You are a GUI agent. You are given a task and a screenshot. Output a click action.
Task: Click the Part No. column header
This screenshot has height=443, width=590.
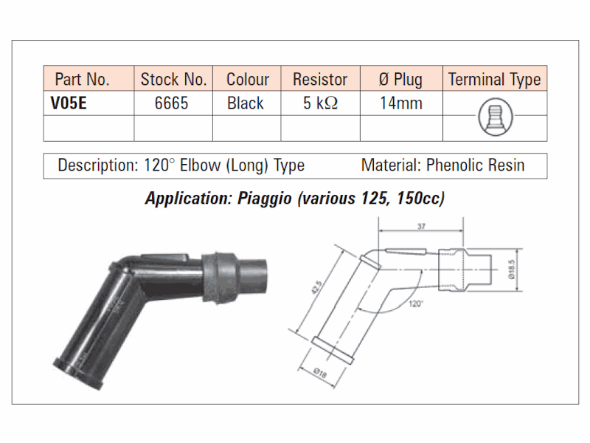[x=82, y=80]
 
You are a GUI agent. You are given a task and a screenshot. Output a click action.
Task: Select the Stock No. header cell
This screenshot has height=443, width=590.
[x=173, y=80]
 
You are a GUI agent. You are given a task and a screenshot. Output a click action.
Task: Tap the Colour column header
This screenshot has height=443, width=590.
[x=248, y=80]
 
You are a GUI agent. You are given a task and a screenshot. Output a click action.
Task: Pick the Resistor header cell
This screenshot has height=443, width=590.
[x=320, y=80]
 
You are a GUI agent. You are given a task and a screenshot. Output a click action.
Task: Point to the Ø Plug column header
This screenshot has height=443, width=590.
[x=400, y=80]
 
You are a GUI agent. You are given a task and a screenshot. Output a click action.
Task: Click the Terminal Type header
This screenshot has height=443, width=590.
[x=494, y=80]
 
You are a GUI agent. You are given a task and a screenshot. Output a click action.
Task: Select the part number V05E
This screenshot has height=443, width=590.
[x=69, y=103]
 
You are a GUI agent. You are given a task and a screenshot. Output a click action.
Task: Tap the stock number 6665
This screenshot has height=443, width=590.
[x=171, y=103]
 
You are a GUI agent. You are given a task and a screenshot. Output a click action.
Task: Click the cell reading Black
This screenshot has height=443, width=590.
[x=246, y=103]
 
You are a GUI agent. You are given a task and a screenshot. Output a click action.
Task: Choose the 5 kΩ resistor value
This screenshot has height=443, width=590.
[x=320, y=103]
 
